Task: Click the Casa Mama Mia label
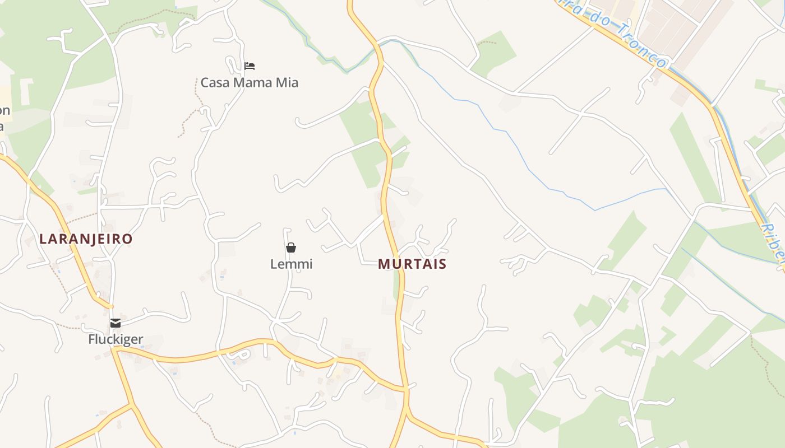pyautogui.click(x=250, y=83)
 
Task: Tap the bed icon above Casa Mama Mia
pyautogui.click(x=250, y=66)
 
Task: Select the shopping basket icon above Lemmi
pyautogui.click(x=291, y=248)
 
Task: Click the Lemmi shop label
pyautogui.click(x=291, y=264)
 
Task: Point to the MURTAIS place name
pyautogui.click(x=412, y=264)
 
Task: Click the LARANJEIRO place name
pyautogui.click(x=86, y=239)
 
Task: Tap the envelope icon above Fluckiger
pyautogui.click(x=116, y=323)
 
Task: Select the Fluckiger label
pyautogui.click(x=116, y=339)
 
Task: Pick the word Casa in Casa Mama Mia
pyautogui.click(x=215, y=83)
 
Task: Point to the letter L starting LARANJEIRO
pyautogui.click(x=43, y=239)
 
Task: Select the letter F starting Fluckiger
pyautogui.click(x=91, y=339)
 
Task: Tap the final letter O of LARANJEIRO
pyautogui.click(x=128, y=239)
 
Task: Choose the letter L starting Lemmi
pyautogui.click(x=274, y=264)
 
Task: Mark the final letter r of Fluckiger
pyautogui.click(x=141, y=339)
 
